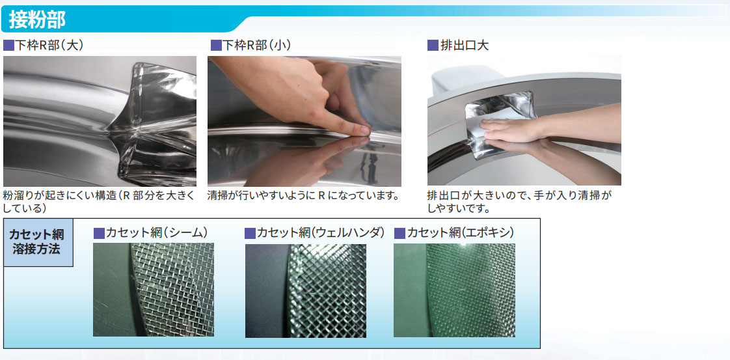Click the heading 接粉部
click(x=37, y=20)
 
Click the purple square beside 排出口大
click(x=433, y=46)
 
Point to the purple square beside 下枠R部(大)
click(x=9, y=46)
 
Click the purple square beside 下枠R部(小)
click(x=216, y=46)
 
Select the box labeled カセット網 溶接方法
click(x=38, y=242)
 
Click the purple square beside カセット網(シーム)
click(x=99, y=233)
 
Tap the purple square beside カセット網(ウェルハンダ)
click(x=250, y=233)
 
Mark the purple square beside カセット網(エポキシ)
click(x=400, y=233)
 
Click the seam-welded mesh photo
click(x=154, y=290)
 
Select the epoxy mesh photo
click(x=454, y=290)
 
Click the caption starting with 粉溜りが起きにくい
click(x=99, y=201)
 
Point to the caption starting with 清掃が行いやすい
click(x=304, y=195)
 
